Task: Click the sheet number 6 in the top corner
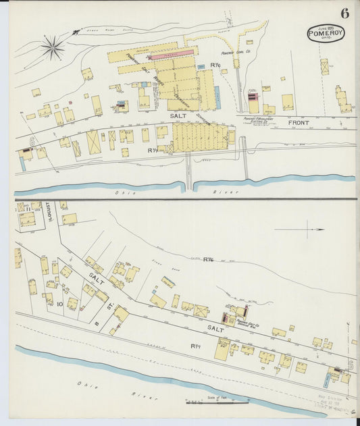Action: point(344,13)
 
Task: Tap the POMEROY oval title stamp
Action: point(326,33)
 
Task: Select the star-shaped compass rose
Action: point(52,47)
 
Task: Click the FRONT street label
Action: point(298,123)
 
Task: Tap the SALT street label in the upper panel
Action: point(178,116)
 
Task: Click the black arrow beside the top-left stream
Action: point(76,30)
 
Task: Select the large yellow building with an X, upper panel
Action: point(93,142)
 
